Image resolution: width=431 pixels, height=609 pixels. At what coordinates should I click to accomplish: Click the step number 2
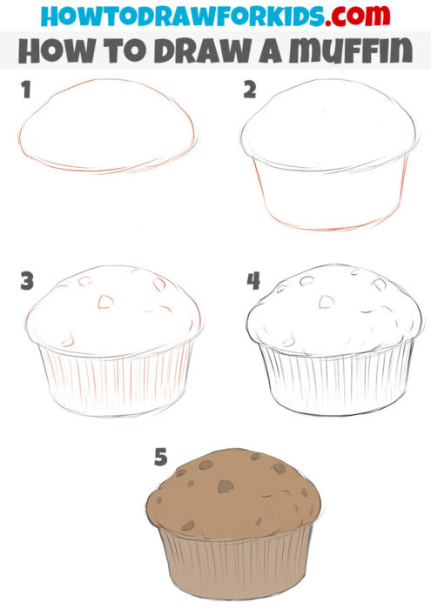251,90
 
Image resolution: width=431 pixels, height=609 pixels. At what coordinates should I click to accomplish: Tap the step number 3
27,281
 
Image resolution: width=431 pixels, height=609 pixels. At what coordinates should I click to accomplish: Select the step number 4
253,281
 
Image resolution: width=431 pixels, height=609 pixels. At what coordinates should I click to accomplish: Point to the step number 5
161,458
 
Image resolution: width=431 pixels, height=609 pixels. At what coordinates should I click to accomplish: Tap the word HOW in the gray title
51,50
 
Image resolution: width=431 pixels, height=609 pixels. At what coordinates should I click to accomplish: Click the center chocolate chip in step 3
104,302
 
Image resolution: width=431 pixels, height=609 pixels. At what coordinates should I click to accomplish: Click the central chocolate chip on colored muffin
224,485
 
